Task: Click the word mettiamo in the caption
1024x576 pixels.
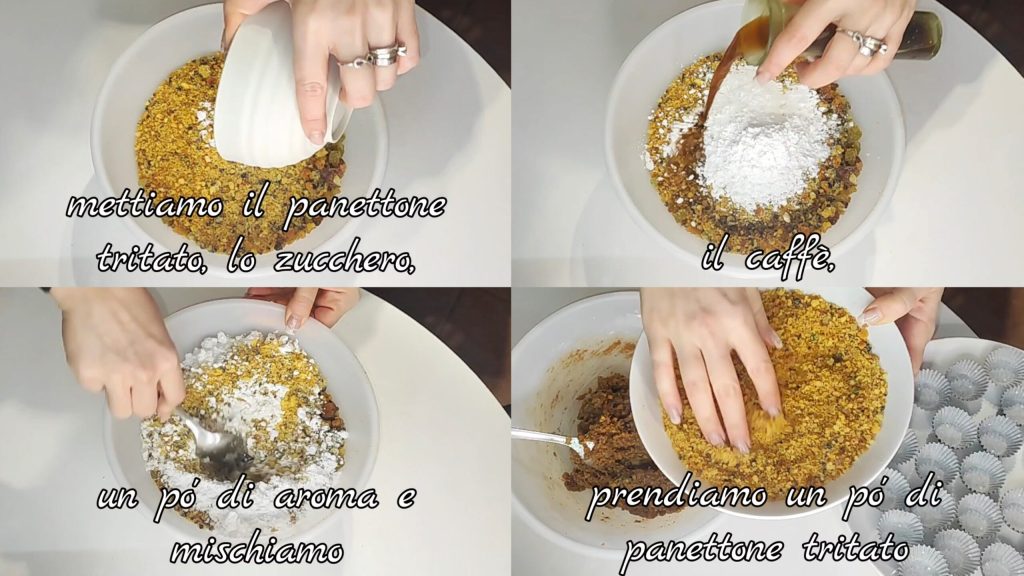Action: (x=144, y=206)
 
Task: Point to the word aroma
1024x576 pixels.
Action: (x=326, y=498)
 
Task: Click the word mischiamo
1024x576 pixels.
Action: (x=257, y=551)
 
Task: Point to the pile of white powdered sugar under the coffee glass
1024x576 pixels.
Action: (x=763, y=139)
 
